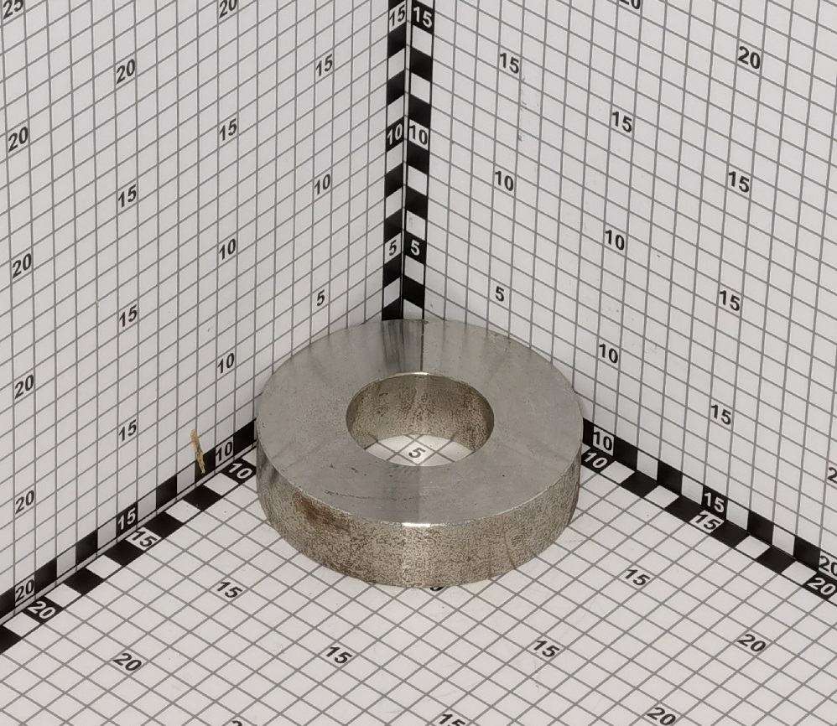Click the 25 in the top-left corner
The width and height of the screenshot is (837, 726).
[x=13, y=7]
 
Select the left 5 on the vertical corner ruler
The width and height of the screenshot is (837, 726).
[x=394, y=249]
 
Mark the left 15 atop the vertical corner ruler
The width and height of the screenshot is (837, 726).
[x=398, y=18]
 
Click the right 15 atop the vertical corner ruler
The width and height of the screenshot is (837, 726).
[x=422, y=19]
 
